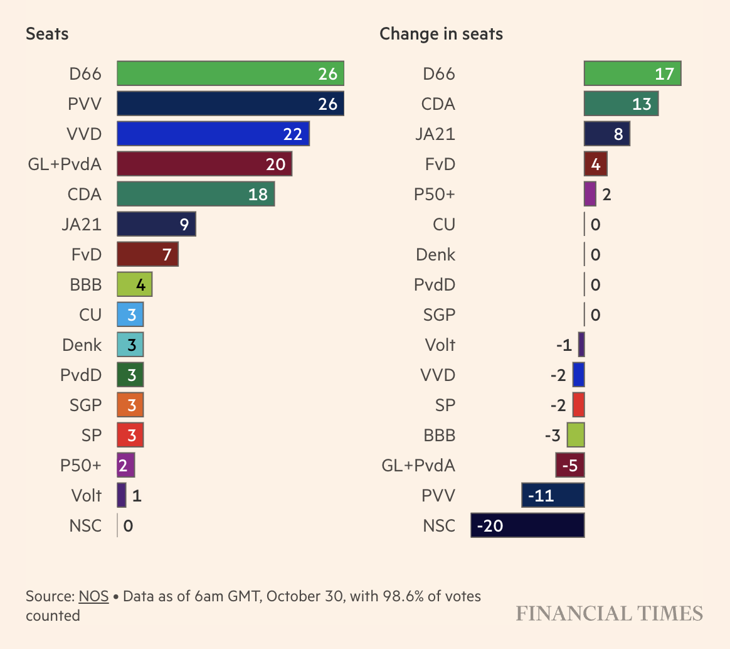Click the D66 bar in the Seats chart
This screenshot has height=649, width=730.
point(230,73)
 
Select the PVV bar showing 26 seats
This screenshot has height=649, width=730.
point(230,104)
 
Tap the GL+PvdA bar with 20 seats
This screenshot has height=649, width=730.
point(204,164)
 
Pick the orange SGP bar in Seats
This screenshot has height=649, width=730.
point(130,405)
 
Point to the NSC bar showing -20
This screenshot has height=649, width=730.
point(527,525)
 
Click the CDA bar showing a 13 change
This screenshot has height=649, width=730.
point(621,104)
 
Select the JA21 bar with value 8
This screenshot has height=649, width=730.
point(606,134)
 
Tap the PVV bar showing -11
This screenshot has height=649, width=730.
point(553,495)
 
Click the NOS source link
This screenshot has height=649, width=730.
point(93,596)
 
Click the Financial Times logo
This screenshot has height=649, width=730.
point(609,613)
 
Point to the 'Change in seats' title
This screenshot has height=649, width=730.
point(441,34)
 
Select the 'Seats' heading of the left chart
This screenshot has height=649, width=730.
point(47,34)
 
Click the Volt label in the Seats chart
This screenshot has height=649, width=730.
point(87,495)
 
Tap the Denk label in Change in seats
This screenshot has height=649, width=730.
point(436,254)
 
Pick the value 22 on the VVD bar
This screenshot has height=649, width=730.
point(292,134)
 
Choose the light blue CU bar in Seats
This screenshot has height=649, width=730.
point(130,314)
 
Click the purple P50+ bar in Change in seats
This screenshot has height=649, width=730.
point(590,194)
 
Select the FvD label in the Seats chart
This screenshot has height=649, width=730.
point(87,254)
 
